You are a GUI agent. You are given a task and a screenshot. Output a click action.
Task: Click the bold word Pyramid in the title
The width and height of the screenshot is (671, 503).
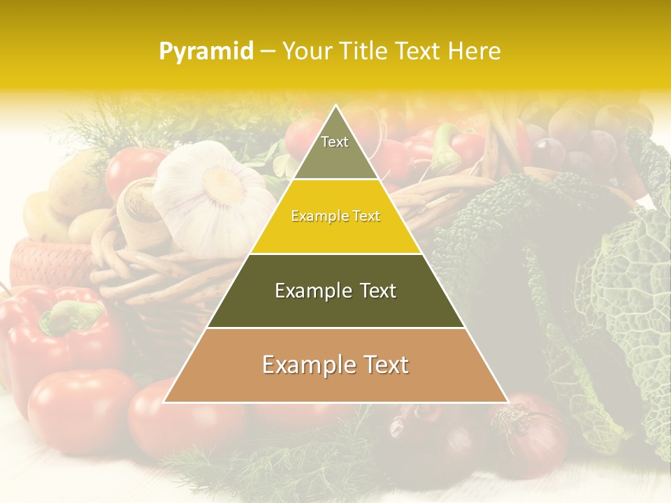(205, 52)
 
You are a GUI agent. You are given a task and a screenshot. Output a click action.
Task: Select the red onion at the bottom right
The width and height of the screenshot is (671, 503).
(531, 437)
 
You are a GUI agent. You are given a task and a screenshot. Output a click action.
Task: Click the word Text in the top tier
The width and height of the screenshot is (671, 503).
(335, 142)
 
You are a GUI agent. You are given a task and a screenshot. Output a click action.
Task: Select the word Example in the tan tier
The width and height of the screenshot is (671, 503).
(304, 365)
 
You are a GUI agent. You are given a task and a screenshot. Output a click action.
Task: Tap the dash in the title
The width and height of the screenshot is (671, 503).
(267, 52)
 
